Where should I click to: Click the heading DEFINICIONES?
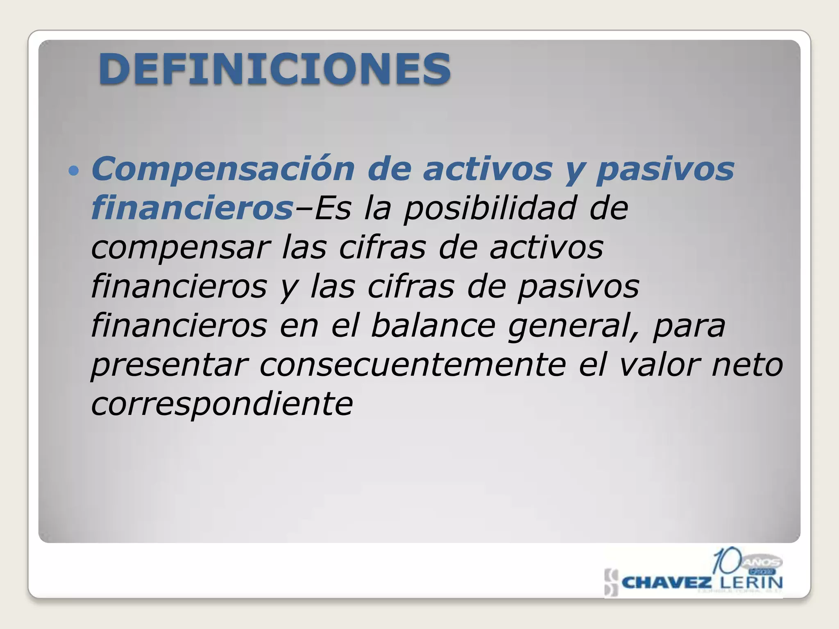click(x=274, y=69)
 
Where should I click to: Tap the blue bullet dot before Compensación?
click(x=73, y=170)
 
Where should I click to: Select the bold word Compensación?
click(x=223, y=169)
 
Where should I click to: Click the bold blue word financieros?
click(x=192, y=208)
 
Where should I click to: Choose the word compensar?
click(x=180, y=248)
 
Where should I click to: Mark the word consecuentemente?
click(x=413, y=364)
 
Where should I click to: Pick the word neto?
click(x=748, y=364)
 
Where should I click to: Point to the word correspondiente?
click(x=222, y=404)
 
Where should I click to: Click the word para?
click(x=689, y=326)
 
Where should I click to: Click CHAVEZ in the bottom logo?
click(x=667, y=582)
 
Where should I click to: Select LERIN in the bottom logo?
click(x=751, y=582)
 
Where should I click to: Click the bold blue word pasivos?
click(x=665, y=169)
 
